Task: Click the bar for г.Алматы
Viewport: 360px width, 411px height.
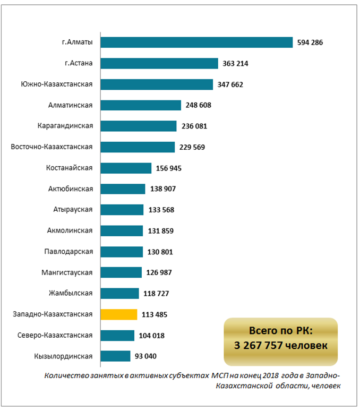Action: (196, 42)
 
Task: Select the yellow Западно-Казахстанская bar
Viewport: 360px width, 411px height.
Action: (119, 314)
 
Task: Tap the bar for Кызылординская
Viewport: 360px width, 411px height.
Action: (116, 356)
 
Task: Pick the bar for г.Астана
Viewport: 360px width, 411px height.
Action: (159, 63)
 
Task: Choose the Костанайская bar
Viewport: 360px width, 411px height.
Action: (126, 168)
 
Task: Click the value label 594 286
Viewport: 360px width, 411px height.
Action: (310, 42)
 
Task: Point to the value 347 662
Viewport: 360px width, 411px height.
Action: (230, 84)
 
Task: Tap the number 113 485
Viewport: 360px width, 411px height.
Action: (155, 314)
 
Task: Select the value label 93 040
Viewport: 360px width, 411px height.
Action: (145, 356)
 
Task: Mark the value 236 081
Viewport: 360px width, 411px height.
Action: (194, 126)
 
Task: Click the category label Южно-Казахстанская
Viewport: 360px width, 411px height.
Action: (57, 84)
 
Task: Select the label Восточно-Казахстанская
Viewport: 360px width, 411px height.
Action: (52, 147)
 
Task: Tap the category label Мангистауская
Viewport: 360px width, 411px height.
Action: (67, 272)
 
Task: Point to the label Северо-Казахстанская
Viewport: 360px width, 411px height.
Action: (55, 335)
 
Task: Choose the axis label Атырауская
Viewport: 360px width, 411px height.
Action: (73, 210)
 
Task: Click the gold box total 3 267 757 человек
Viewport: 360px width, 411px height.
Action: (281, 346)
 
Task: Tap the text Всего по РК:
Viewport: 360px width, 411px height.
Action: (281, 331)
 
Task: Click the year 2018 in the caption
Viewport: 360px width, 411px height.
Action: (271, 375)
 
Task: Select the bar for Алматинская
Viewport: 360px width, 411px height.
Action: (141, 105)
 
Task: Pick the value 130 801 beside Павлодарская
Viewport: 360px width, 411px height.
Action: (160, 252)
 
